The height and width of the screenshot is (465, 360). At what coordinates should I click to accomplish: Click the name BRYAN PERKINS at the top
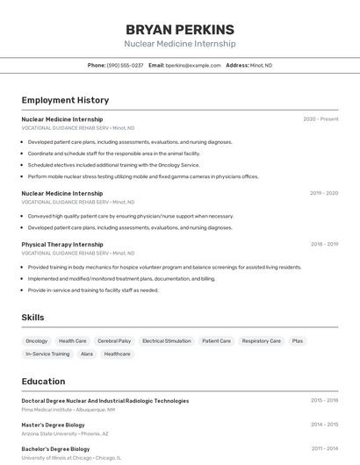tap(180, 29)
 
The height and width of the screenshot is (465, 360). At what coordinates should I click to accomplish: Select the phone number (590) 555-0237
tap(125, 65)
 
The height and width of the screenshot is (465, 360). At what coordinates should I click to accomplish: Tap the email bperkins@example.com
tap(193, 65)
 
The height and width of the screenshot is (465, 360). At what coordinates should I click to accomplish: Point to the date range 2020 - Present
tap(320, 118)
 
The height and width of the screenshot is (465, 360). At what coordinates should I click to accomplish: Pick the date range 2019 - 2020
tap(324, 193)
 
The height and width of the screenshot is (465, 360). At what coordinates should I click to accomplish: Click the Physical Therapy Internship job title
tap(62, 245)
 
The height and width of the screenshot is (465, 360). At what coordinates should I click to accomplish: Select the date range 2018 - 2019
tap(324, 245)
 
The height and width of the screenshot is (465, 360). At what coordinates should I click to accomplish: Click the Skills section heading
tap(32, 318)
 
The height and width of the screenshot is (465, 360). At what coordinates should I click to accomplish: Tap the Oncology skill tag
tap(37, 340)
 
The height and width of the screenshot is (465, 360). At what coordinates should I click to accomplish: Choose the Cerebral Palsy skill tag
tap(114, 340)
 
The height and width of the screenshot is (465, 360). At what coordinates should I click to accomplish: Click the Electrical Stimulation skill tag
tap(166, 340)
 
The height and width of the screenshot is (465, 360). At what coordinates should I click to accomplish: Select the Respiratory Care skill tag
tap(262, 340)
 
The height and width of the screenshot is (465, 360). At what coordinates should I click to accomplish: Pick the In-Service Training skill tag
tap(47, 354)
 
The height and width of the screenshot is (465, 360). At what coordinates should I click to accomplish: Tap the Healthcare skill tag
tap(117, 354)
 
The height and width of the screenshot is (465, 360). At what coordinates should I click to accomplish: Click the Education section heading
tap(43, 382)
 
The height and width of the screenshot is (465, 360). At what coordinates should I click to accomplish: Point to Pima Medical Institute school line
tap(68, 409)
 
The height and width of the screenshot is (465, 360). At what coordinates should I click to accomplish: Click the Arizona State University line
tap(65, 433)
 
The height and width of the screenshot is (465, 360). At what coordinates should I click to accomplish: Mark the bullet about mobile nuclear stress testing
tap(143, 176)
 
